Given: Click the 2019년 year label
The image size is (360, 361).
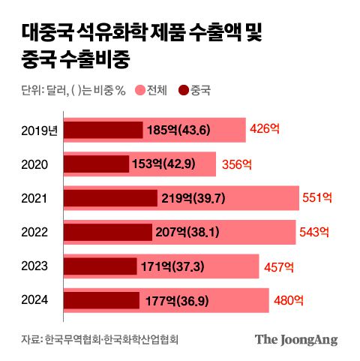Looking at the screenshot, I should click(x=39, y=131).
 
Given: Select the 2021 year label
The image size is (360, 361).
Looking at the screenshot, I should click(x=34, y=198).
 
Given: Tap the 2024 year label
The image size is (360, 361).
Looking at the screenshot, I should click(x=34, y=300).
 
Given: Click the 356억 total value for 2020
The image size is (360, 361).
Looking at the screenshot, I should click(x=236, y=164).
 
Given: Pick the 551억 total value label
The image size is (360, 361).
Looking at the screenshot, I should click(x=316, y=198).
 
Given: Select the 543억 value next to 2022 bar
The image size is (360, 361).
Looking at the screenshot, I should click(x=314, y=232).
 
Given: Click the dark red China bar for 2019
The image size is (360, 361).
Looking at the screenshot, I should click(x=103, y=131).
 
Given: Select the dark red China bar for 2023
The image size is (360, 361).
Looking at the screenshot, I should click(x=100, y=266).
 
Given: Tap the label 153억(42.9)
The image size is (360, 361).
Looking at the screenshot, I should click(x=167, y=164).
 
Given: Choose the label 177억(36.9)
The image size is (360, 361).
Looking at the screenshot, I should click(x=178, y=300).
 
